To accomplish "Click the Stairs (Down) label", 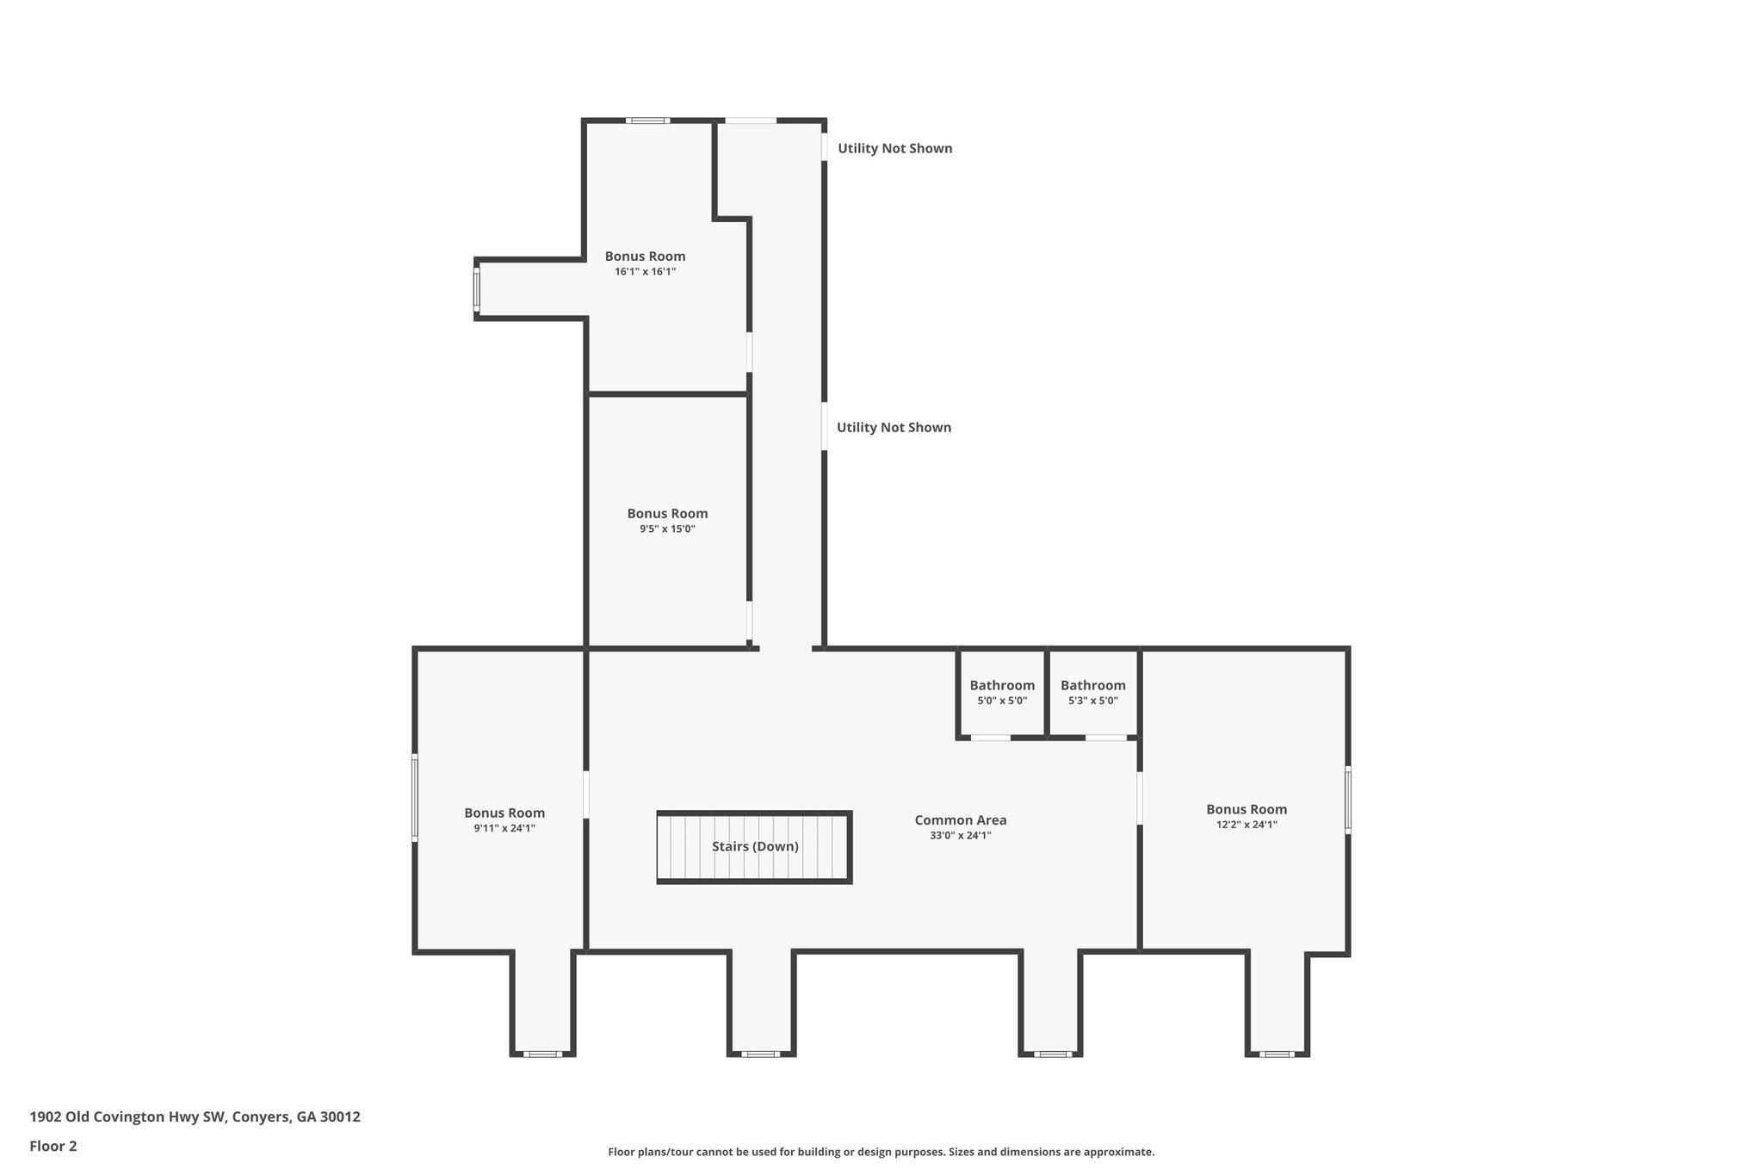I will [x=755, y=846].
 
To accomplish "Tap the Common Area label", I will [x=960, y=820].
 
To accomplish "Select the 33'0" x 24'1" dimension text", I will [x=960, y=835].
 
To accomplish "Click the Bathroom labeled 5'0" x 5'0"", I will [x=1002, y=686].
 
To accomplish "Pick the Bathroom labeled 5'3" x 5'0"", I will [x=1092, y=686].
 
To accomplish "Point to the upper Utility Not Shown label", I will [x=894, y=148].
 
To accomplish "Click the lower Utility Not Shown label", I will [x=894, y=427].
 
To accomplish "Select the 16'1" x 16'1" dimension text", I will [x=645, y=271].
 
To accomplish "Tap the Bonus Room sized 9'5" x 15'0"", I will [x=667, y=514].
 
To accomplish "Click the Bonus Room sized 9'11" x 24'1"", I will [x=504, y=813].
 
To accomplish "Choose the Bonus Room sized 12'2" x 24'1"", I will [x=1246, y=809].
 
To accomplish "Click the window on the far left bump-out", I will [x=476, y=288].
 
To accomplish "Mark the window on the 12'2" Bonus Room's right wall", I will [x=1348, y=800].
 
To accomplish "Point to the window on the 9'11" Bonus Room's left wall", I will [x=414, y=797].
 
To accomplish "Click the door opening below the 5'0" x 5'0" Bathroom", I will [x=991, y=738].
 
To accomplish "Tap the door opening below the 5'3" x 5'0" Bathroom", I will [x=1105, y=738].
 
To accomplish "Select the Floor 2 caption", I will [x=53, y=1146].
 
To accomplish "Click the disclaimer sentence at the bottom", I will [x=881, y=1152].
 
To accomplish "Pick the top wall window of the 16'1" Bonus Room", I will [x=647, y=121].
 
